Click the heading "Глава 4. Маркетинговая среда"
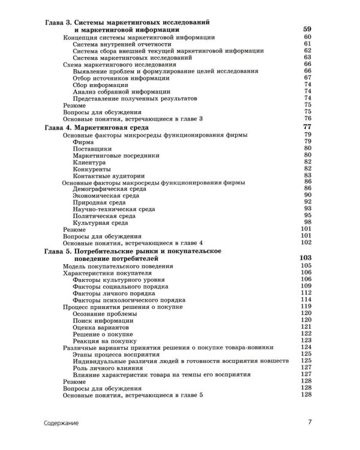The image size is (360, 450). pyautogui.click(x=97, y=128)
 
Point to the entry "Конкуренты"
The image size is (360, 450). pyautogui.click(x=90, y=169)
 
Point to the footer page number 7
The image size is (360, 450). pyautogui.click(x=310, y=422)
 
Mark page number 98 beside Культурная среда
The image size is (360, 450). pyautogui.click(x=307, y=222)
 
